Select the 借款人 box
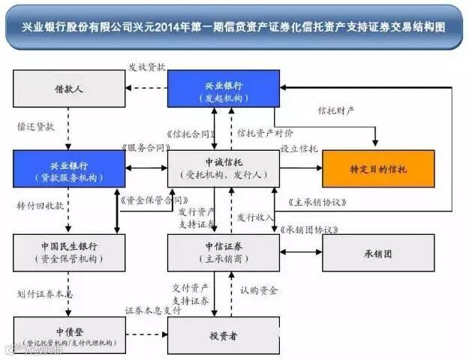68,88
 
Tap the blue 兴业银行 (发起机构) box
223,88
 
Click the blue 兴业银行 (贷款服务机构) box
68,169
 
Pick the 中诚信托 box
223,169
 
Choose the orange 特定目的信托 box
378,169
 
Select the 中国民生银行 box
68,253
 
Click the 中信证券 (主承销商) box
223,253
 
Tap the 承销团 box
378,253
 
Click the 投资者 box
223,335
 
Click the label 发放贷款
147,67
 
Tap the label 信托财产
335,110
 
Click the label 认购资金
259,289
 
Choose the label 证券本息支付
147,310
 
